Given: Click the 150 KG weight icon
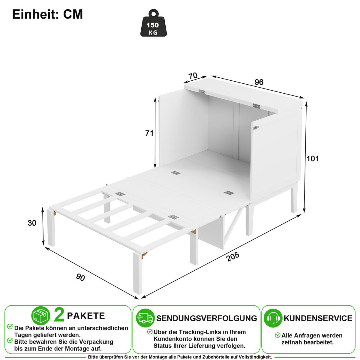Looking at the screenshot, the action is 153,23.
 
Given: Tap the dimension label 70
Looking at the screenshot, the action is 193,76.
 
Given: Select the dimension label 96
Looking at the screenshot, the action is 259,82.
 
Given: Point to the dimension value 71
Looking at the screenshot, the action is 149,133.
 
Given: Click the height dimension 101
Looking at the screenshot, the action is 313,159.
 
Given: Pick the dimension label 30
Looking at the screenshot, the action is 32,223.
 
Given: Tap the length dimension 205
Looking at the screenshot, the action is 232,257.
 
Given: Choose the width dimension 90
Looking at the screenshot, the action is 80,277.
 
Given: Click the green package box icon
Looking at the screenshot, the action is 41,316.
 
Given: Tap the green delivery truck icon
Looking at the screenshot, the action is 145,318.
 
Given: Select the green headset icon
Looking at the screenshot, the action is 273,318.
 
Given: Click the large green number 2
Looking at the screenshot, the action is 59,316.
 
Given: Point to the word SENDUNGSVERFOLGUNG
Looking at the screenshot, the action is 207,318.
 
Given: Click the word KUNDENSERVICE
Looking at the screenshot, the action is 318,318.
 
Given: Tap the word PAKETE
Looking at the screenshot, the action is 86,316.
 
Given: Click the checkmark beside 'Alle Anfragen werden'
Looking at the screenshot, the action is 277,335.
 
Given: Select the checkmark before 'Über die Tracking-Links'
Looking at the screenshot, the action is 150,331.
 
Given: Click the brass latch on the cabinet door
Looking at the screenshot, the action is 256,128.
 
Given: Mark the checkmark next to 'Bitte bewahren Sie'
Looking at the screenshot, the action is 10,340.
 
